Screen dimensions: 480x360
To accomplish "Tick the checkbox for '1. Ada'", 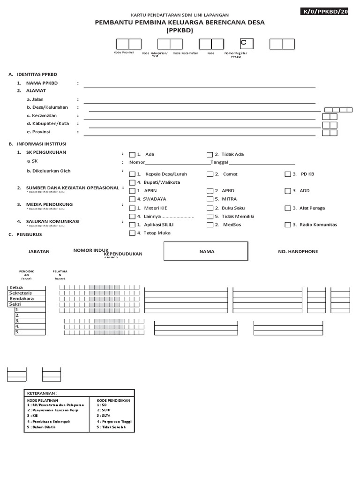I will (x=132, y=155).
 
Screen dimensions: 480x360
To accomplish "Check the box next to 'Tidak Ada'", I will (x=210, y=155).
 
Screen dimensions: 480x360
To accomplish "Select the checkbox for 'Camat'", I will (x=210, y=174).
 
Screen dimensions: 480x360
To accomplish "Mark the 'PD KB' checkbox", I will (x=288, y=174).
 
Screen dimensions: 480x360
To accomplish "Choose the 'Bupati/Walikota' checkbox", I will (x=132, y=182).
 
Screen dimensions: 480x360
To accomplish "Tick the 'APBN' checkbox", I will (x=132, y=191).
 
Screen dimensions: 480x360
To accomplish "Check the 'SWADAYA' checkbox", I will (x=132, y=199).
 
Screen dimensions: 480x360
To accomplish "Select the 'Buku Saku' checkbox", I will (x=210, y=208).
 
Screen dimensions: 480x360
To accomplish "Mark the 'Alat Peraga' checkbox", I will (x=288, y=208).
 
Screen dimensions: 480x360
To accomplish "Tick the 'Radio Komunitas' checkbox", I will (x=288, y=225).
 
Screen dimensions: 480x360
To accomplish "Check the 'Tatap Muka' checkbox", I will (x=132, y=233).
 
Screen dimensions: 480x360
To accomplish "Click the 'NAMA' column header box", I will (x=206, y=251).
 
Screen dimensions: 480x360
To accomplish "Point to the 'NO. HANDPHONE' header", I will (x=298, y=252).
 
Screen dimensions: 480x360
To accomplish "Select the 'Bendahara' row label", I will (x=22, y=299).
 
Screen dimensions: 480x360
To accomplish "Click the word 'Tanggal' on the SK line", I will (x=219, y=163).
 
